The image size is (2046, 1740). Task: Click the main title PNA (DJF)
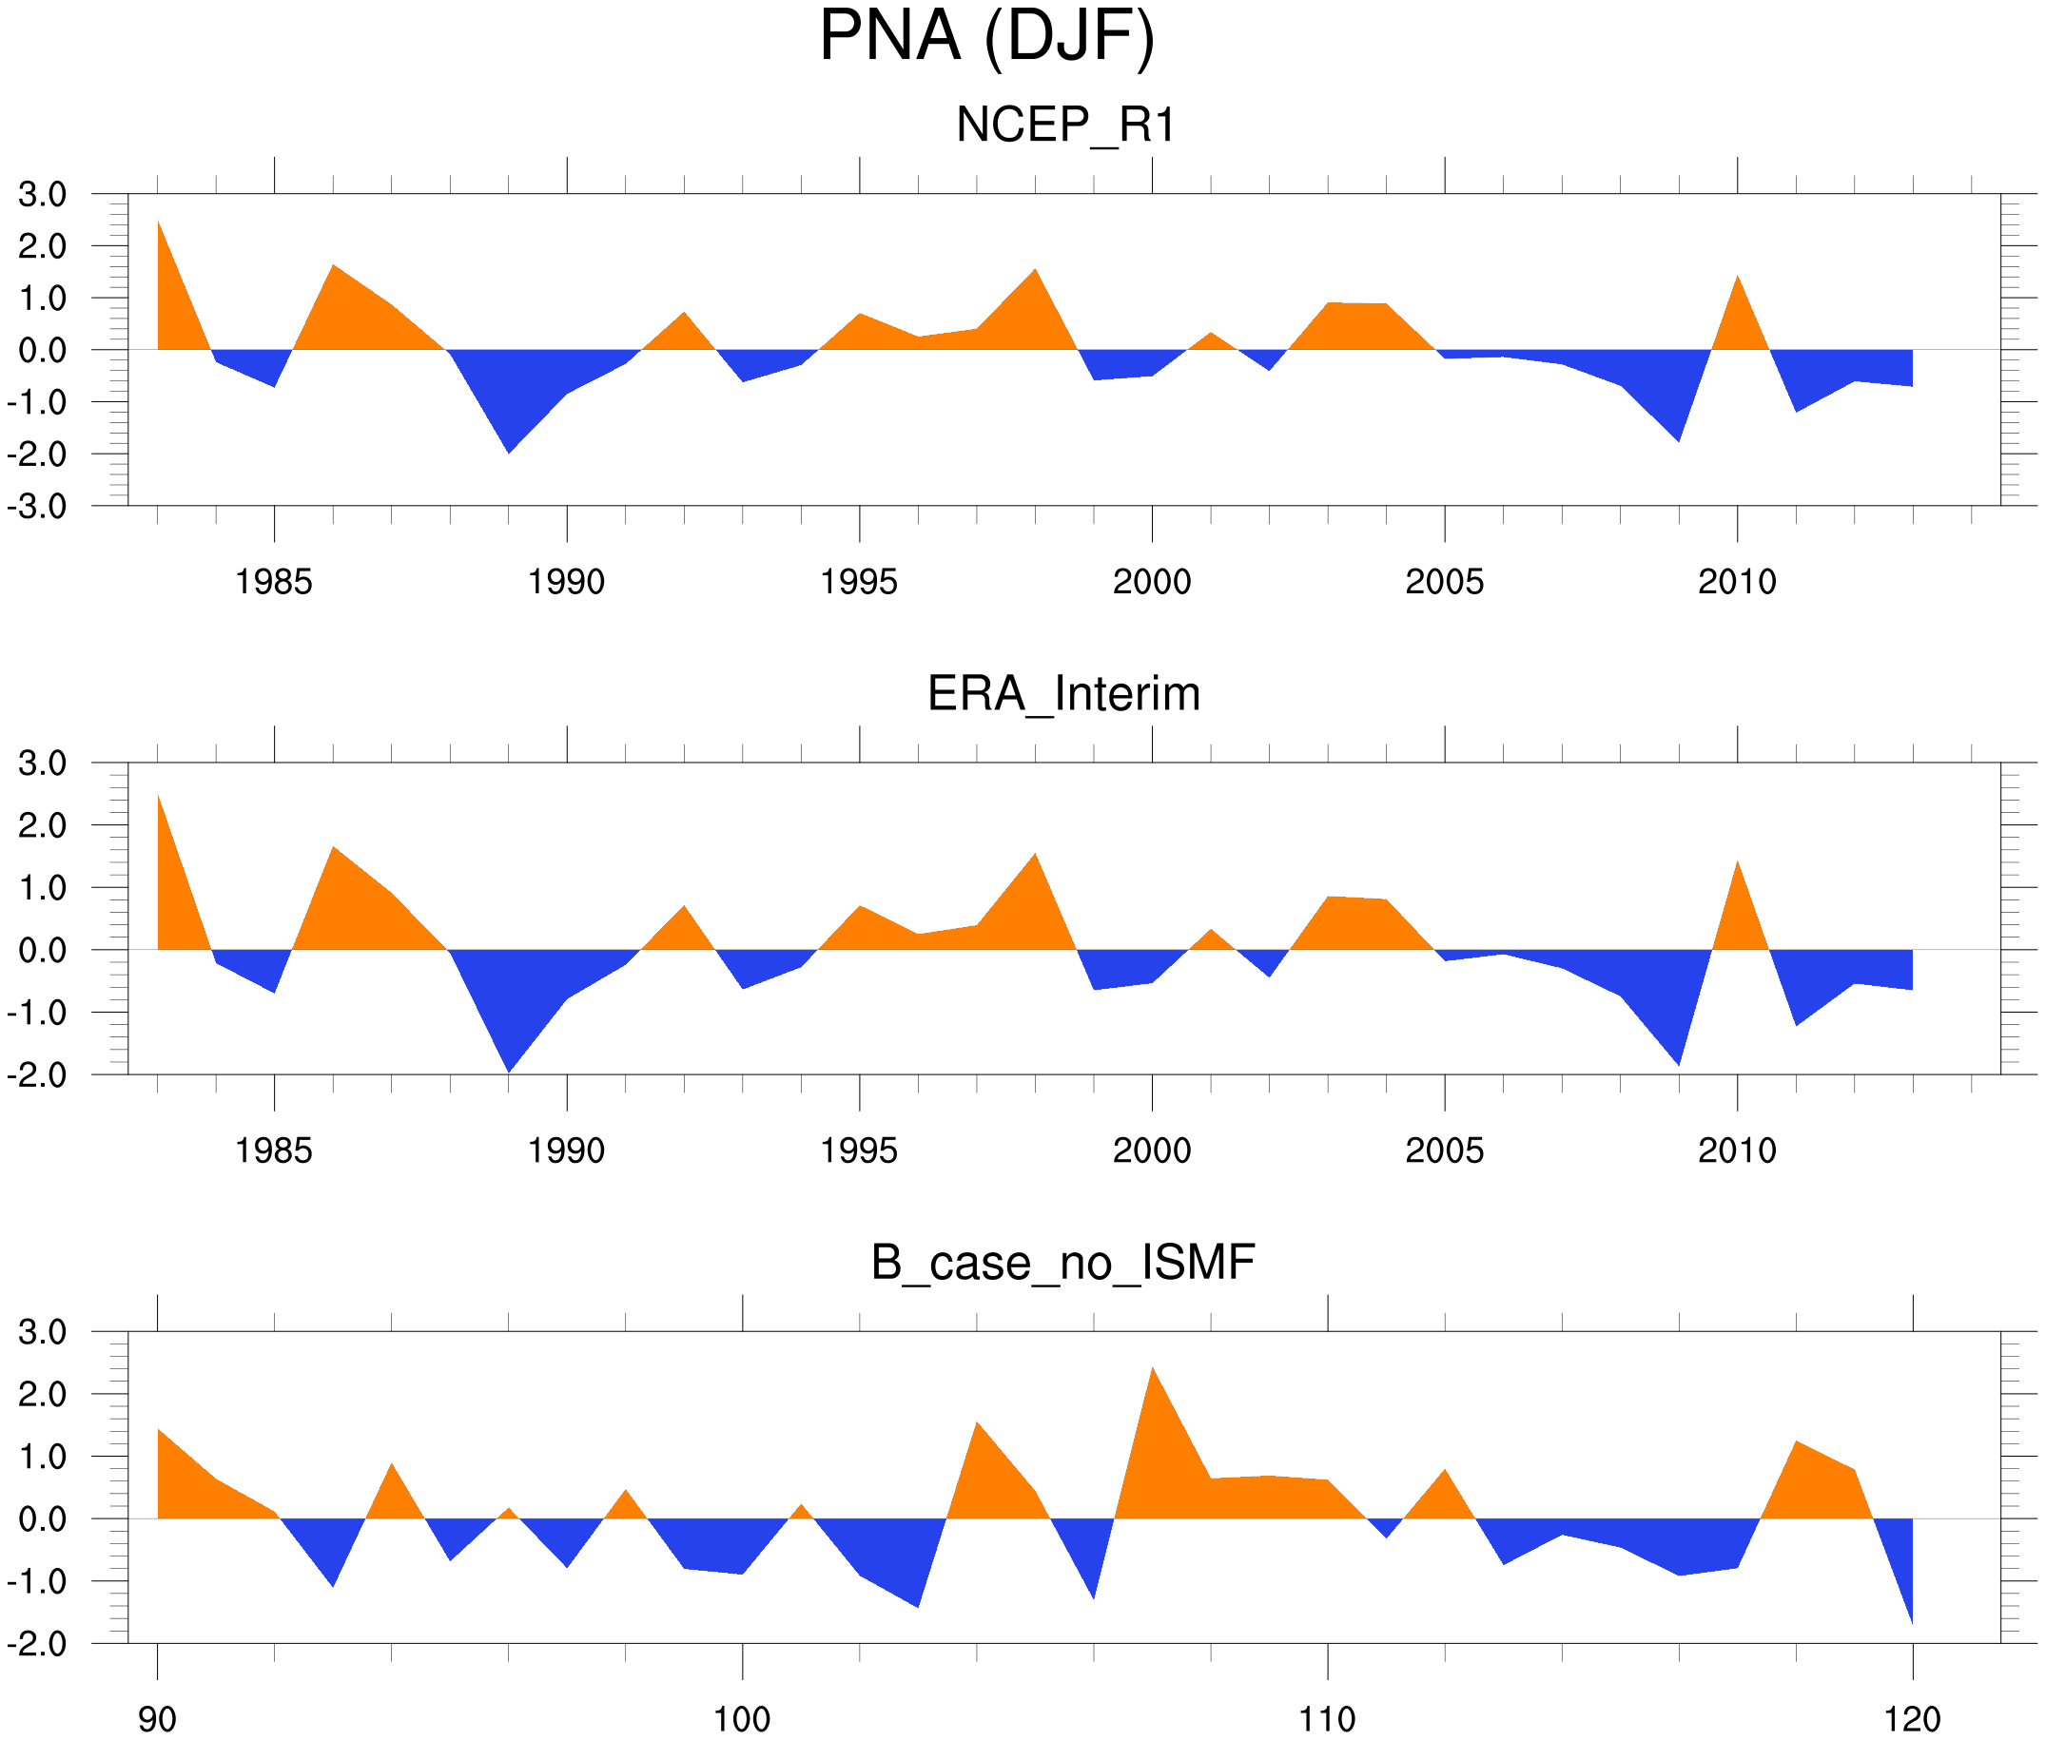[x=986, y=37]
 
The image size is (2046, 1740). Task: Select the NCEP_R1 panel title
[x=1065, y=126]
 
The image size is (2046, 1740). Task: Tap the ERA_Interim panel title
[x=1063, y=693]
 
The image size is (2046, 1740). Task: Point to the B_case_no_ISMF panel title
[x=1062, y=1263]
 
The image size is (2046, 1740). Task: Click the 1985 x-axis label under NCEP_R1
[x=273, y=582]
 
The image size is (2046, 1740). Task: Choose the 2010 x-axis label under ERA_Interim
[x=1736, y=1150]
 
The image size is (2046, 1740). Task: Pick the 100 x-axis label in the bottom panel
[x=742, y=1718]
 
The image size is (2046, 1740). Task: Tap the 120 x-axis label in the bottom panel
[x=1912, y=1718]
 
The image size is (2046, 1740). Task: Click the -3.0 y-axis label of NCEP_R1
[x=37, y=507]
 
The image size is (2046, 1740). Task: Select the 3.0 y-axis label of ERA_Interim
[x=43, y=763]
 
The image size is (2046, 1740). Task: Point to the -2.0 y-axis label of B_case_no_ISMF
[x=37, y=1644]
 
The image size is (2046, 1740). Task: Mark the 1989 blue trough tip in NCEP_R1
[x=508, y=453]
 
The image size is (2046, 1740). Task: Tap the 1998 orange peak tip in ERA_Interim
[x=1035, y=853]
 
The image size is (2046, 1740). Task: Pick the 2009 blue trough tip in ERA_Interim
[x=1678, y=1065]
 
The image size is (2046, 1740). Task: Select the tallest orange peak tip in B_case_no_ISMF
[x=1152, y=1367]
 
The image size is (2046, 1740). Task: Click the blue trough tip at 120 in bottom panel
[x=1912, y=1624]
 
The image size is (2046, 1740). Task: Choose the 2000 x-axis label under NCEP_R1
[x=1151, y=582]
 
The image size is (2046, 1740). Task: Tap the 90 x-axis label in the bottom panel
[x=157, y=1718]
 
